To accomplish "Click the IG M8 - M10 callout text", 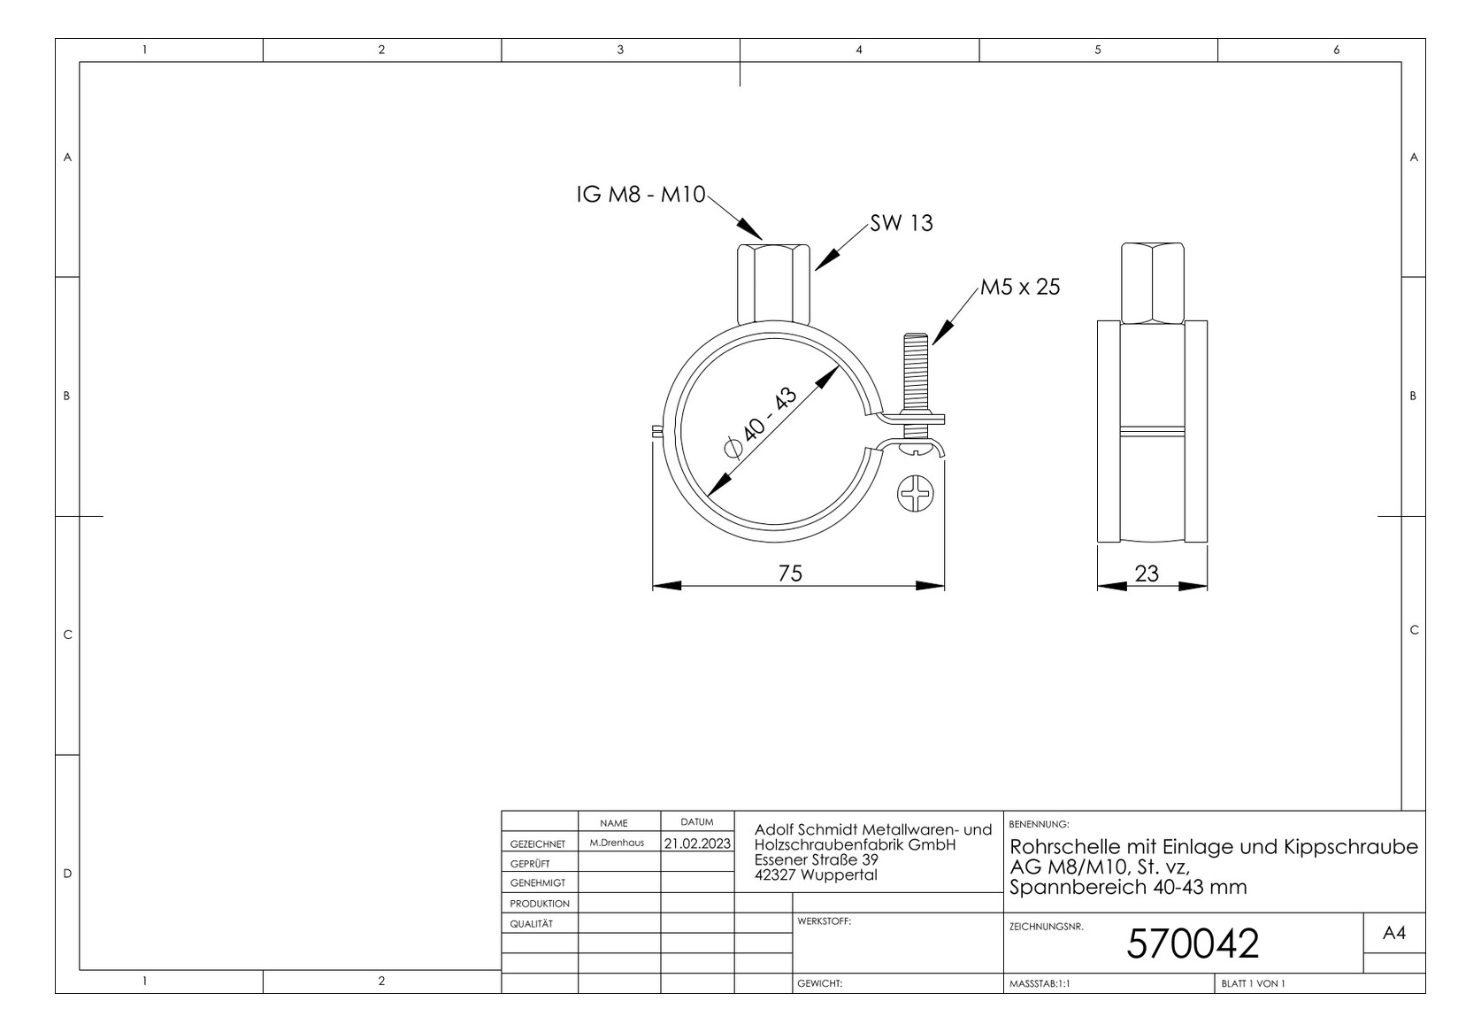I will coord(641,195).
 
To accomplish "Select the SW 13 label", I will coord(901,223).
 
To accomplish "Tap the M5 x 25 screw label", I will coord(1019,287).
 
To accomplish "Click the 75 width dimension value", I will coord(790,574).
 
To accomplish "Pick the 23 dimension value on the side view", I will coord(1147,574).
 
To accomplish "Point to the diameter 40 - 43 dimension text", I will coord(760,424).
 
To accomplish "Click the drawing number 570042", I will coord(1192,944).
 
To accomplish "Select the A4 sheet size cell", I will coord(1393,933).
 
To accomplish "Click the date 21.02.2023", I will coord(697,843).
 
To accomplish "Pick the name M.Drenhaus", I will coord(617,843).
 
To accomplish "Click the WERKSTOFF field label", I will coord(823,921).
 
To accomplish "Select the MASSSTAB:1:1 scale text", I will coord(1039,983).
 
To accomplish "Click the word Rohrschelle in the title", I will coord(1064,847).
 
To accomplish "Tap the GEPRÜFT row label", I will coord(530,863).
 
